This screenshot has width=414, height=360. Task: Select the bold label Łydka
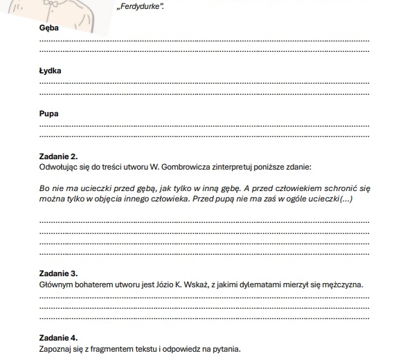coord(51,71)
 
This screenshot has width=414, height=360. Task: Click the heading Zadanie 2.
coord(59,157)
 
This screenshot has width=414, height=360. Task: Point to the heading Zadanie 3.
coord(59,275)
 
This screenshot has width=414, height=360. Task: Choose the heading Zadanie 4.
coord(59,339)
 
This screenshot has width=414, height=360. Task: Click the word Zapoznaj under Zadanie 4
coord(56,348)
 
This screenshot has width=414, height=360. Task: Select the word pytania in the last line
coord(228,348)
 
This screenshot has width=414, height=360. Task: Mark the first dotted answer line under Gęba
coord(205,41)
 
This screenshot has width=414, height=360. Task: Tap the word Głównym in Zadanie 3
coord(56,285)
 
